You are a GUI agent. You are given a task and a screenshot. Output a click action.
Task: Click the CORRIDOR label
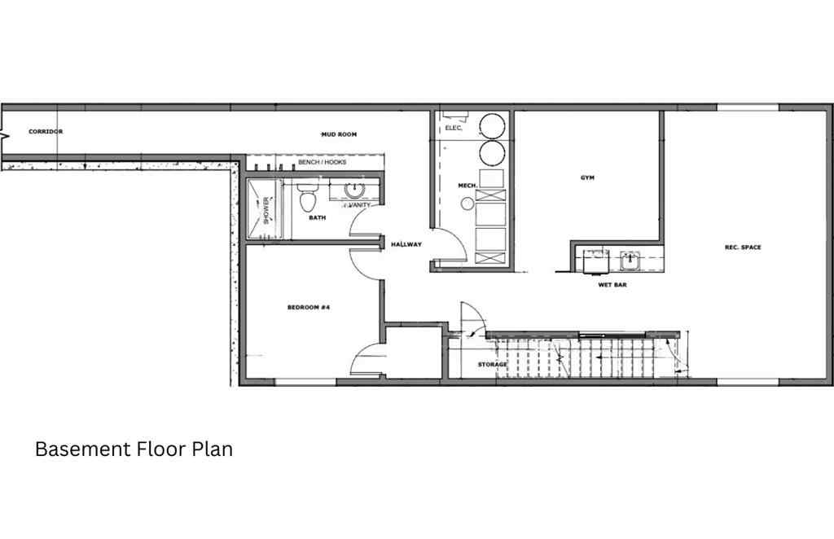(x=46, y=131)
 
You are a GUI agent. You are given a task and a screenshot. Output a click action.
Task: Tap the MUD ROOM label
(x=339, y=134)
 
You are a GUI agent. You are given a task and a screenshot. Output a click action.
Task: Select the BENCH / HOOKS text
(x=322, y=162)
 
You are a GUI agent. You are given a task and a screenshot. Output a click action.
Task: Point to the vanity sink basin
(x=354, y=191)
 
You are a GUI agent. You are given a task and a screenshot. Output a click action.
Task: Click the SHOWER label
(x=266, y=211)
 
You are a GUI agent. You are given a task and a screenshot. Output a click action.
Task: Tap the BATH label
(x=318, y=218)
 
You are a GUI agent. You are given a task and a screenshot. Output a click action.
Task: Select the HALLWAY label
(x=406, y=244)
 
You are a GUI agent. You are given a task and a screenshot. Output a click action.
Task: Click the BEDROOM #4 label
(x=308, y=308)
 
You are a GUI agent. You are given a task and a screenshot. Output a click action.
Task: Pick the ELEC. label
(x=453, y=129)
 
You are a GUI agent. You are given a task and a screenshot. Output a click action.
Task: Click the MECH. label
(x=467, y=186)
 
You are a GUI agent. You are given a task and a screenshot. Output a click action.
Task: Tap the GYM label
(x=587, y=177)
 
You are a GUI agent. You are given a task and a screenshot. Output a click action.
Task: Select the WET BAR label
(x=612, y=285)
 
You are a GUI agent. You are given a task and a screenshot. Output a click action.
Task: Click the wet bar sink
(x=630, y=261)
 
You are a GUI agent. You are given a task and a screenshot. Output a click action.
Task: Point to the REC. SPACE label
(x=742, y=248)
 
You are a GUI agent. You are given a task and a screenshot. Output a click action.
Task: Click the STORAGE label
(x=493, y=364)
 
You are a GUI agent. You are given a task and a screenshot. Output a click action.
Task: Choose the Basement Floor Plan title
(x=134, y=449)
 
